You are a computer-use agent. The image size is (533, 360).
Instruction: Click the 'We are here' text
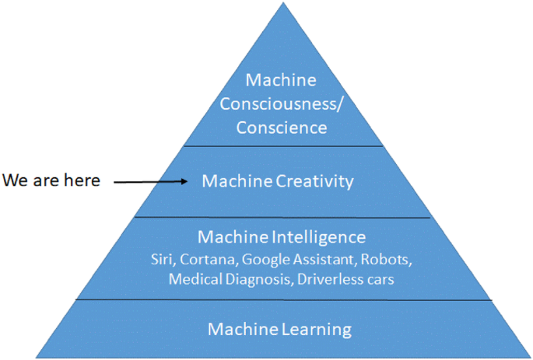pyautogui.click(x=51, y=180)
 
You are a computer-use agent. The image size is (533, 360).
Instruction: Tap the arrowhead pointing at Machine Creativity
pyautogui.click(x=184, y=181)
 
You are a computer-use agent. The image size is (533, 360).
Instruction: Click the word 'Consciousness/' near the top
pyautogui.click(x=281, y=103)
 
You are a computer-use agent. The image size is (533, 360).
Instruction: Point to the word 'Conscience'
pyautogui.click(x=281, y=128)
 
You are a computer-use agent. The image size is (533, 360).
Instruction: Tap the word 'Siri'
pyautogui.click(x=163, y=259)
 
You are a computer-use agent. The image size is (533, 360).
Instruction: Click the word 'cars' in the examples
pyautogui.click(x=378, y=279)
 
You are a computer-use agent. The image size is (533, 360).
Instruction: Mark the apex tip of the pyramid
pyautogui.click(x=280, y=2)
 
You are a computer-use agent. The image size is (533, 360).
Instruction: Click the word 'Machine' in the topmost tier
pyautogui.click(x=281, y=80)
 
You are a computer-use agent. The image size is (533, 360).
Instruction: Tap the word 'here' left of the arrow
pyautogui.click(x=82, y=180)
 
